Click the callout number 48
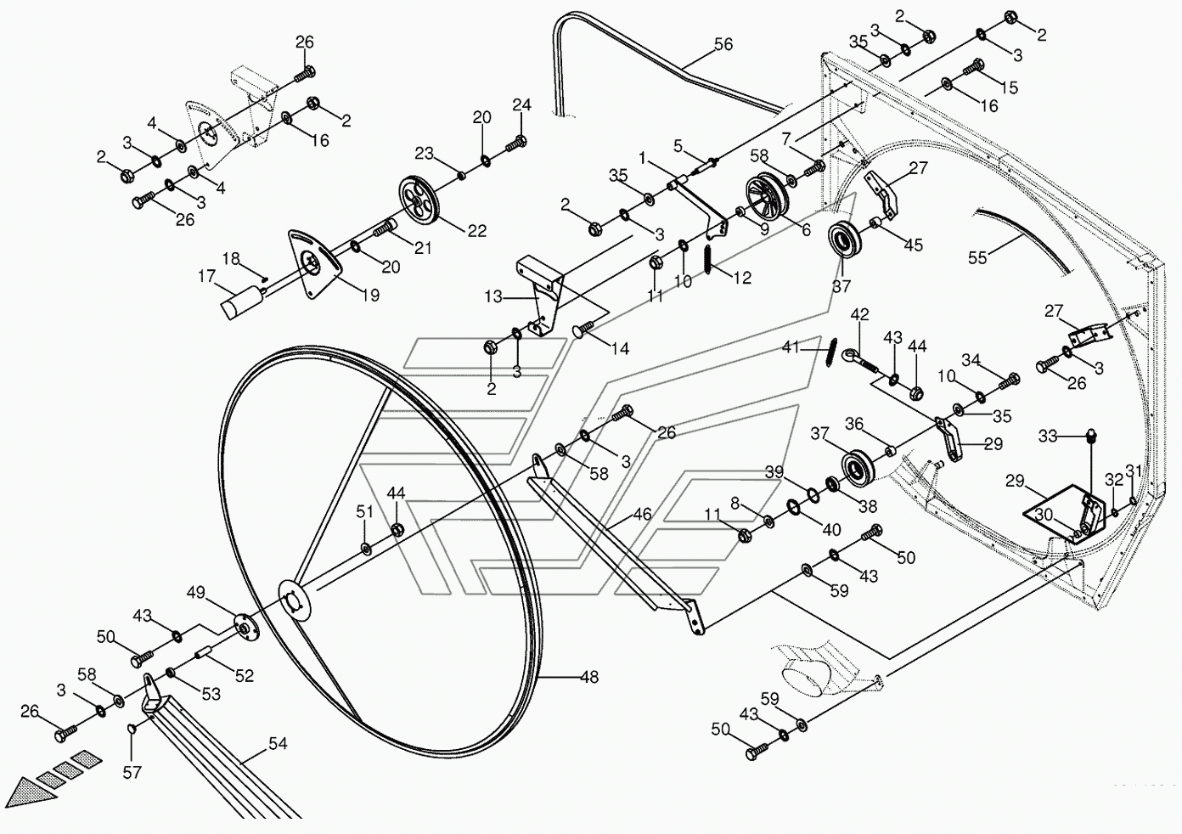click(x=589, y=677)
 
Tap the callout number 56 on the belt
click(x=723, y=44)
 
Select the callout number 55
click(x=977, y=256)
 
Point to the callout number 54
click(x=278, y=744)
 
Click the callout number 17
click(x=207, y=276)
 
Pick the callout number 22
click(x=476, y=230)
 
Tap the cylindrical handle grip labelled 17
click(x=242, y=301)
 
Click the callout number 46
click(x=643, y=514)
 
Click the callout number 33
click(x=1048, y=437)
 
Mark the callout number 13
click(x=493, y=297)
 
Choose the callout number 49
click(x=196, y=593)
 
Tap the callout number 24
click(x=521, y=105)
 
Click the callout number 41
click(x=791, y=347)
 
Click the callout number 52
click(x=245, y=676)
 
